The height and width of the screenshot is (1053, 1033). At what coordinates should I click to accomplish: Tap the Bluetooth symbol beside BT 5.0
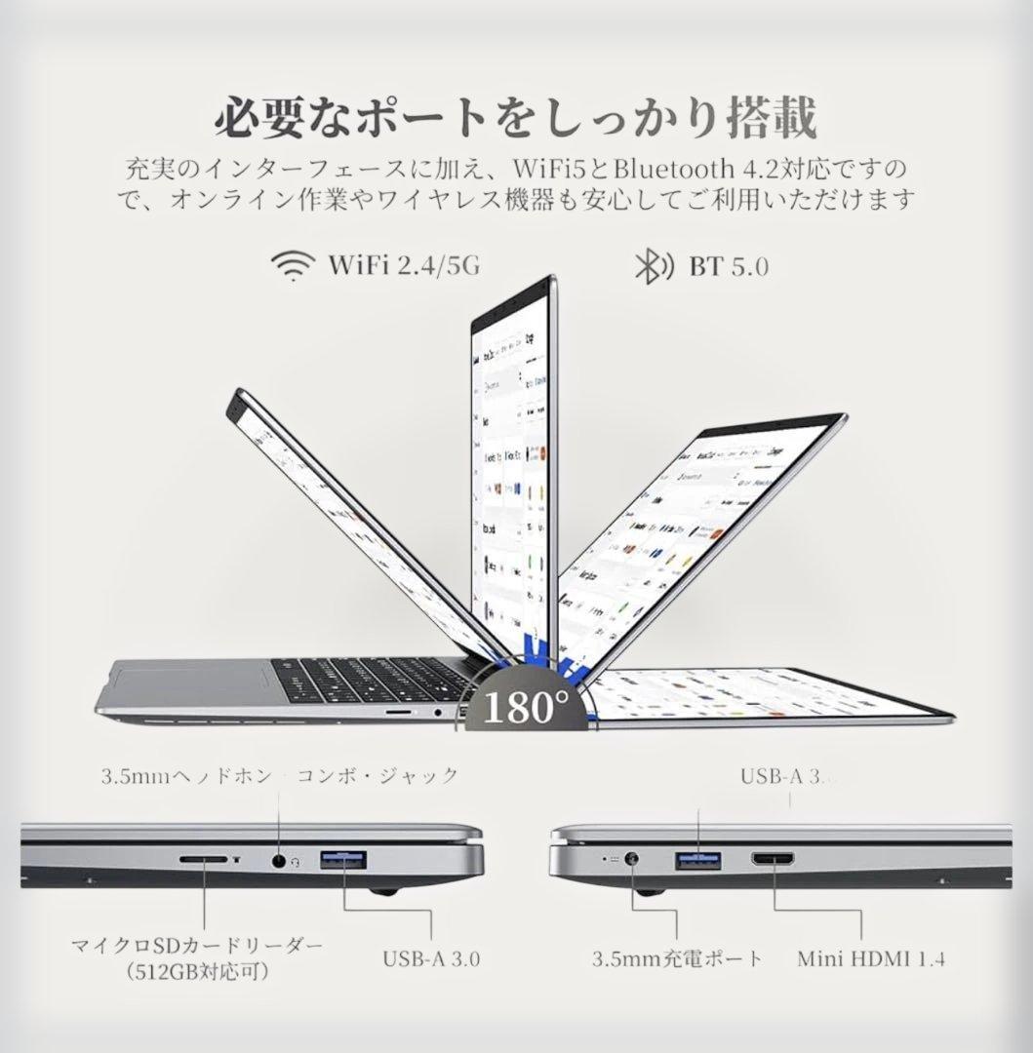click(650, 265)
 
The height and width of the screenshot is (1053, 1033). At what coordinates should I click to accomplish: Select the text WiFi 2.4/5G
click(404, 264)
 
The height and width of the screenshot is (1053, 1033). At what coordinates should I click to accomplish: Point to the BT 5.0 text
click(728, 265)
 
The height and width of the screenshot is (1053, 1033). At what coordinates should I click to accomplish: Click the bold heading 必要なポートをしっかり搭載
click(515, 118)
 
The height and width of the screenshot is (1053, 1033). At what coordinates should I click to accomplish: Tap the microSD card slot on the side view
click(205, 860)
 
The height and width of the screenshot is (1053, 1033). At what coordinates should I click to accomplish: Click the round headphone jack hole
click(281, 860)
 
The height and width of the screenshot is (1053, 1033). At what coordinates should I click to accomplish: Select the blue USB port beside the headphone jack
click(342, 860)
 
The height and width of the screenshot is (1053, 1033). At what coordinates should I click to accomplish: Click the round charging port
click(633, 861)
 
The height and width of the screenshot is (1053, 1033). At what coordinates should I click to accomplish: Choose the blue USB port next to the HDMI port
click(698, 860)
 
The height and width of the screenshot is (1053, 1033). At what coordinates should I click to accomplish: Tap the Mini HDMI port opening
click(773, 860)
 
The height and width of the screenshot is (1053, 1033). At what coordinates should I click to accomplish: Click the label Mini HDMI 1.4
click(871, 957)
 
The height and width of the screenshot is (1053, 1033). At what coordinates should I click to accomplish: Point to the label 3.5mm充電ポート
click(677, 957)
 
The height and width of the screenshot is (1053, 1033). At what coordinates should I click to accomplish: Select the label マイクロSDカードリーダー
click(196, 946)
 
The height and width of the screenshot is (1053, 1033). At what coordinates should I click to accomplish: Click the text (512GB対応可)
click(196, 971)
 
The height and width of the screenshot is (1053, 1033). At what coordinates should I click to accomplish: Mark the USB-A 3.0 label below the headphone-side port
click(430, 957)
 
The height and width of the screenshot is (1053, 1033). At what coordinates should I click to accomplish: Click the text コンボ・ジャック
click(377, 776)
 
